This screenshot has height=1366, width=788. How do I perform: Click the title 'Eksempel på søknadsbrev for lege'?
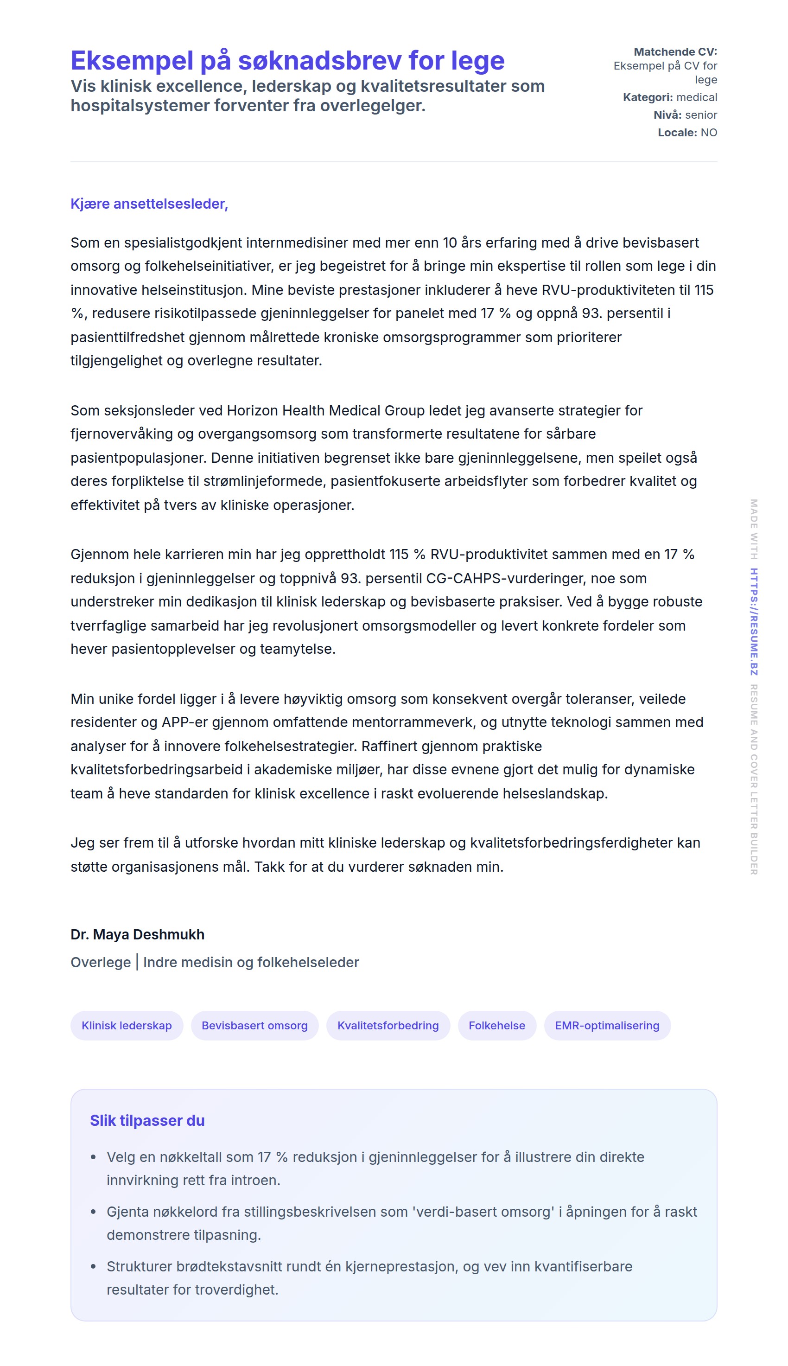(x=287, y=61)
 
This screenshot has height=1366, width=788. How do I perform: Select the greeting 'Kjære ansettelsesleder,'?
(x=149, y=204)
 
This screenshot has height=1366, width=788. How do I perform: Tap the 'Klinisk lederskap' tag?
(x=127, y=1026)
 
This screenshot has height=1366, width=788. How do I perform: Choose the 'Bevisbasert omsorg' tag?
(x=254, y=1026)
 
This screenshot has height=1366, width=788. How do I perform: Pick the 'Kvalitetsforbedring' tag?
(x=388, y=1026)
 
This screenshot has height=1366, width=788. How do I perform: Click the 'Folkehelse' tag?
(x=497, y=1026)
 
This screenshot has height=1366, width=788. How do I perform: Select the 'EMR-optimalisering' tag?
(x=607, y=1026)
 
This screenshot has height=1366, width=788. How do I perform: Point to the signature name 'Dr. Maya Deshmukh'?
(x=138, y=935)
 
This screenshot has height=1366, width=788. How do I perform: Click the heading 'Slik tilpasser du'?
(x=147, y=1120)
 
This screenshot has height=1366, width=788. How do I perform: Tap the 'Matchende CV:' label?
(x=675, y=52)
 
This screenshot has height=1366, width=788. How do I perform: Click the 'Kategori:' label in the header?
(x=647, y=97)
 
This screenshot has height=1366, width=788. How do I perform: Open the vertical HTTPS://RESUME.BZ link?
(x=753, y=621)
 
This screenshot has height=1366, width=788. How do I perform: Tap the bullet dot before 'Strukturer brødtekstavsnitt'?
(x=94, y=1266)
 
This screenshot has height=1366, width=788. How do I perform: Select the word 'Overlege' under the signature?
(x=101, y=962)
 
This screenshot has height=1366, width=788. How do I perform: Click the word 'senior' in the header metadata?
(x=701, y=115)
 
